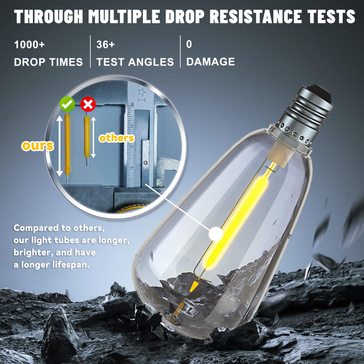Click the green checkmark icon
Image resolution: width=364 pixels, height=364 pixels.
pos(67,104)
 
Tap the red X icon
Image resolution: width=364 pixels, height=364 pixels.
pos(88,104)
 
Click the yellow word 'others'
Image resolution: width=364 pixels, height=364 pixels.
pos(117,138)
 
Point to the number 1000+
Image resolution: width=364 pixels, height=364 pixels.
pos(29,45)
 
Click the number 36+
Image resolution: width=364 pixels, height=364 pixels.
pos(106,45)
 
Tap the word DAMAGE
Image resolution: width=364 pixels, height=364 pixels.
pos(211,62)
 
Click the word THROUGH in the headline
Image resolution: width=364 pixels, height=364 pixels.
pos(49,16)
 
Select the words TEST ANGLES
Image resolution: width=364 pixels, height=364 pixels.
pos(135,62)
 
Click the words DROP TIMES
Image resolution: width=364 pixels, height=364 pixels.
pos(48,62)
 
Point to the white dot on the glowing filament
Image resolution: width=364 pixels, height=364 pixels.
pos(216,234)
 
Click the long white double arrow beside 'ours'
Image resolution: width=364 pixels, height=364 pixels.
pos(59,146)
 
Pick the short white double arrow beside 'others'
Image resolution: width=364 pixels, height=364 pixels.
pos(93,137)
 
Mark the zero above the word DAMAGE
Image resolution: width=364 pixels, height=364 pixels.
pos(189,44)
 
